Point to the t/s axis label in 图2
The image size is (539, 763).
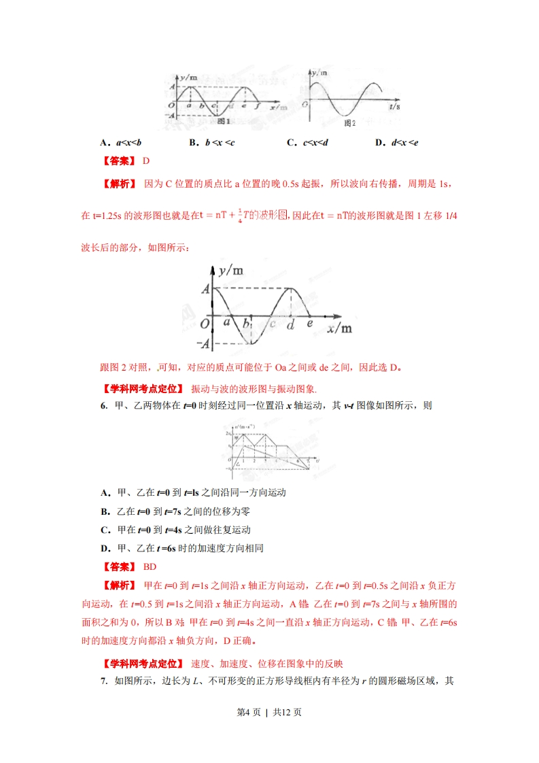(x=395, y=107)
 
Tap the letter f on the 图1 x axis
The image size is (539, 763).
(x=256, y=106)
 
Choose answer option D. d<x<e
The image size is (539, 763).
(x=396, y=142)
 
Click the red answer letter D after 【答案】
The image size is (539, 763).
(x=145, y=160)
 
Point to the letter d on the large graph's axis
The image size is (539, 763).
(x=291, y=325)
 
